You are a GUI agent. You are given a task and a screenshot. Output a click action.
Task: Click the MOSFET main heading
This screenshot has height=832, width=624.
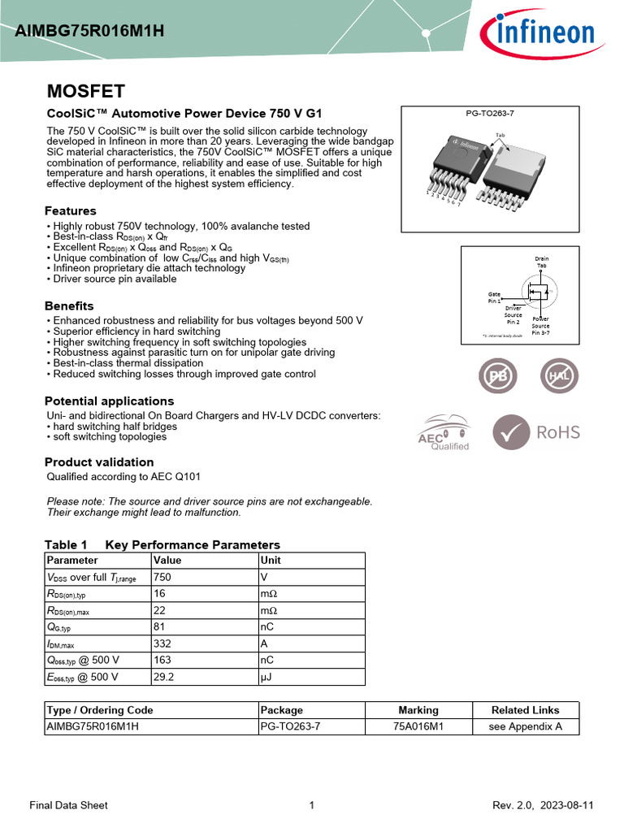85,90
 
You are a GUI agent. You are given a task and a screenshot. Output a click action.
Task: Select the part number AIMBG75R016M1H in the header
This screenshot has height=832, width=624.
89,32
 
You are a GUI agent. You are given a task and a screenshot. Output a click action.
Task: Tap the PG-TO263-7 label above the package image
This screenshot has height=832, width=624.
490,113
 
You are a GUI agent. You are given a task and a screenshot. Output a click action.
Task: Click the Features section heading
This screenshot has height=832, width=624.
70,211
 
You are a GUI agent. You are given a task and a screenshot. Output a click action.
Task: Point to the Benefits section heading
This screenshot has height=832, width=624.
69,306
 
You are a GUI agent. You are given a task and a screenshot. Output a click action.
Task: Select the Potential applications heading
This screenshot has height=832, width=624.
109,401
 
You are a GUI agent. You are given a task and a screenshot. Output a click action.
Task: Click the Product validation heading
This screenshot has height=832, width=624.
99,462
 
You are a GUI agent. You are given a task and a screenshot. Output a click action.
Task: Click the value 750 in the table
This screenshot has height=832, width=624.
162,577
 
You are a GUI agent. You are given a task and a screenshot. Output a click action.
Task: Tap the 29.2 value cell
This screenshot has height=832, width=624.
165,676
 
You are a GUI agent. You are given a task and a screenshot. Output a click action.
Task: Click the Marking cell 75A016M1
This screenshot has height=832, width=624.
418,726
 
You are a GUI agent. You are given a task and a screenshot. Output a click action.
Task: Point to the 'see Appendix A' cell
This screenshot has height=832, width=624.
525,726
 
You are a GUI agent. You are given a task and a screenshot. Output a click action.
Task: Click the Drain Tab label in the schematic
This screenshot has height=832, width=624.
541,262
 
